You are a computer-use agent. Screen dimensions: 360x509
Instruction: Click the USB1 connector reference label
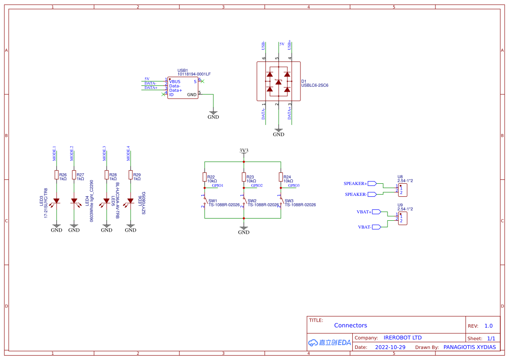coord(182,71)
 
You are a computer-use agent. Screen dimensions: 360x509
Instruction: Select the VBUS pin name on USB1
coord(175,81)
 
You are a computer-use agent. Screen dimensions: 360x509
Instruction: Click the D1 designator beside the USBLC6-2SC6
coord(304,81)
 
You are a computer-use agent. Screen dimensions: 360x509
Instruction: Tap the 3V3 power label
coord(244,151)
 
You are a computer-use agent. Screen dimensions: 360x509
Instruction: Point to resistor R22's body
coord(205,177)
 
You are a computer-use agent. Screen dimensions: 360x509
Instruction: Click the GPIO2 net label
coord(256,185)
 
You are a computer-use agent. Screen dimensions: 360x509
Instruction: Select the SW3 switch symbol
coord(281,201)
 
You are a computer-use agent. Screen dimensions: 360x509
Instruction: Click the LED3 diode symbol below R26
coord(57,201)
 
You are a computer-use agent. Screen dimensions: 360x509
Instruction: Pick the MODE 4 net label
coord(128,153)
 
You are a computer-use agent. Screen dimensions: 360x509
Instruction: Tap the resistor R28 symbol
coord(107,175)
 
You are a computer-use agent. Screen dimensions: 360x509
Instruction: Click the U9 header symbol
coord(403,218)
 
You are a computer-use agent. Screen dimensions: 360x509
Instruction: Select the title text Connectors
coord(351,325)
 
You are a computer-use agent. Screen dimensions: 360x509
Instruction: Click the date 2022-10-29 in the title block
coord(390,347)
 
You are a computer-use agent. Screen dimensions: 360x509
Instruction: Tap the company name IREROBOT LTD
coord(402,337)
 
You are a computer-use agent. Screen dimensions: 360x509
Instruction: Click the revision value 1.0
coord(489,326)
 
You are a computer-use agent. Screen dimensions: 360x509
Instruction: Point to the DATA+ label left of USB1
coord(151,87)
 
